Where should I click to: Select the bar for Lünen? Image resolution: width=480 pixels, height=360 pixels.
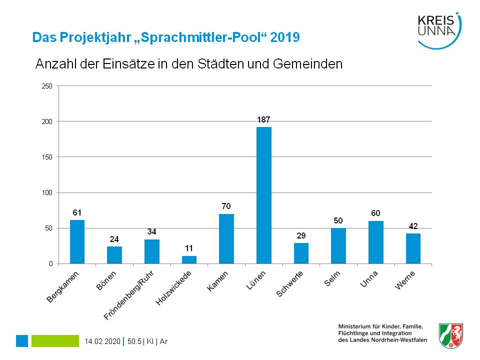point(263,195)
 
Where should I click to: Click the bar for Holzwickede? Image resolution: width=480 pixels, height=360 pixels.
point(189,259)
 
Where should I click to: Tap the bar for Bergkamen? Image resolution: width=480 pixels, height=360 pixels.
point(77,241)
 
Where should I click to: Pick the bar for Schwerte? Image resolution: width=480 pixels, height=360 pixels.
point(301,253)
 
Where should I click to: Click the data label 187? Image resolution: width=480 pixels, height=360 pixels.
point(263,120)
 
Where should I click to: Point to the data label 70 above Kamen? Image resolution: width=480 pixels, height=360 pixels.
point(226,206)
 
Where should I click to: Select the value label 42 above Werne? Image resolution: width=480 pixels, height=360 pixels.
point(413,226)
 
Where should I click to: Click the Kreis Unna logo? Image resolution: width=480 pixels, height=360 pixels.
point(438,30)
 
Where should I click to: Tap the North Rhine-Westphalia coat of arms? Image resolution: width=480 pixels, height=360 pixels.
point(450,335)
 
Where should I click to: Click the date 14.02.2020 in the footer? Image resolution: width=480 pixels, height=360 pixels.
point(103,341)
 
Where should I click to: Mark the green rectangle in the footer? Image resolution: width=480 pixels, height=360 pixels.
point(55,341)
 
